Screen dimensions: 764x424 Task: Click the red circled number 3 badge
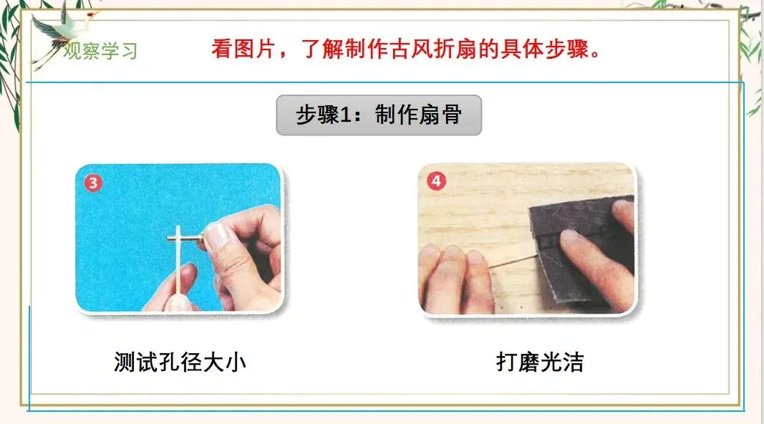pos(93,183)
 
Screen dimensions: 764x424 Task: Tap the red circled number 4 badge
pos(436,181)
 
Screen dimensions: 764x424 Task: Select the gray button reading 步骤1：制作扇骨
pos(379,115)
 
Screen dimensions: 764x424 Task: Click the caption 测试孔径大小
pos(180,362)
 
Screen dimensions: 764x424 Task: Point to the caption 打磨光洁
pos(540,362)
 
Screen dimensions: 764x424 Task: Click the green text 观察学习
pos(100,51)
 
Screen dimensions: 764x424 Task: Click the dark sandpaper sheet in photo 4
pos(580,249)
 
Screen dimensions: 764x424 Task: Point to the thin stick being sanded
pos(512,261)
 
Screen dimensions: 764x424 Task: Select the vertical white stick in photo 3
pos(179,261)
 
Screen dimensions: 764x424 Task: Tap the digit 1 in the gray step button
pos(345,115)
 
